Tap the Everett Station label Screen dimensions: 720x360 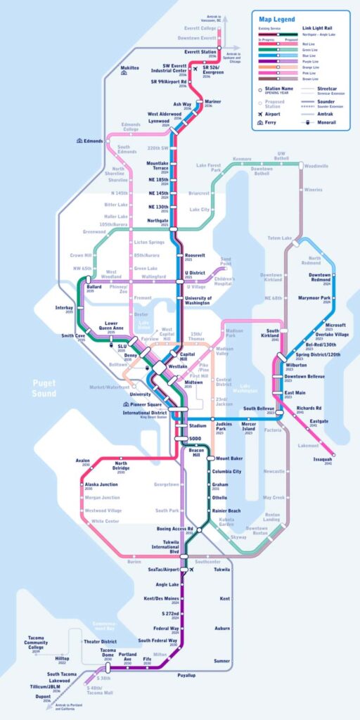(199, 51)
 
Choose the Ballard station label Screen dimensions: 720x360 (94, 287)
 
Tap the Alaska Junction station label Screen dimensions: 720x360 (102, 485)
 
